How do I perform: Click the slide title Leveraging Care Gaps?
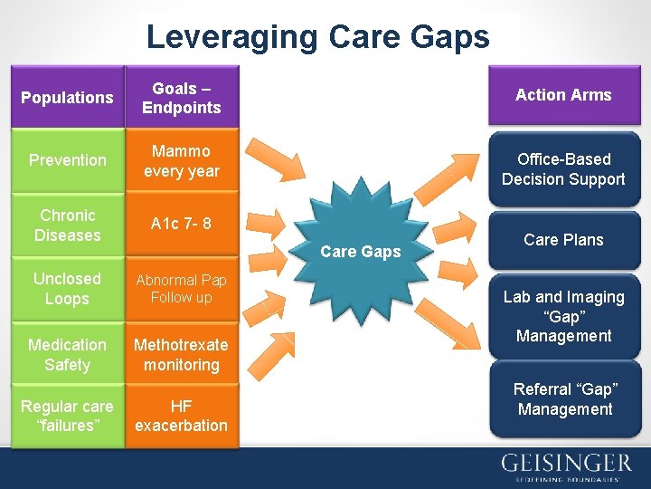317,37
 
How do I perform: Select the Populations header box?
67,97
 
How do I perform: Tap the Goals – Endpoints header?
182,98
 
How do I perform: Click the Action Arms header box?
563,95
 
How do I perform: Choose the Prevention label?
67,160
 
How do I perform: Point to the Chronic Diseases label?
67,225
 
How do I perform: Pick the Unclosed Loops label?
67,288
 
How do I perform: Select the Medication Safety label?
67,355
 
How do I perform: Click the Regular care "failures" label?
67,416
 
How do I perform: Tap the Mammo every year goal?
182,160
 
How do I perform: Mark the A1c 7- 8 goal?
182,223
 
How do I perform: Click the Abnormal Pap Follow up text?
182,288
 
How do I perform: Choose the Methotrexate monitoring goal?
182,355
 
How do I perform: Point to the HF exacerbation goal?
182,416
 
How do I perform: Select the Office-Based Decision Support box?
563,168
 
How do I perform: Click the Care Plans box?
563,240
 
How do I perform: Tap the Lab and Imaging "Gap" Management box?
563,316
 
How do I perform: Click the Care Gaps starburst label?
361,252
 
